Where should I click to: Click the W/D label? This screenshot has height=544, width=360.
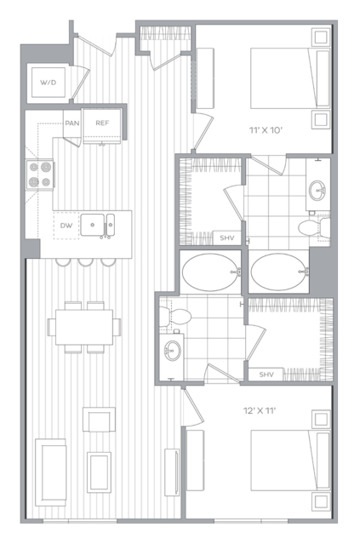[x=49, y=83]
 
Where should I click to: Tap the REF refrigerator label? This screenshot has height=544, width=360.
[x=102, y=123]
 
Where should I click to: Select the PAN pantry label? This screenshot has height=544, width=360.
[x=72, y=123]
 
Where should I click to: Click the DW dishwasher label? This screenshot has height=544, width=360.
[x=66, y=226]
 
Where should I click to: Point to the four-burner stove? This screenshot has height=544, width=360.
[x=40, y=175]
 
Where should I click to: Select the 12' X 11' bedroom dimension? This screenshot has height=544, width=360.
[x=260, y=411]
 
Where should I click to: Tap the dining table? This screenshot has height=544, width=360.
[x=84, y=327]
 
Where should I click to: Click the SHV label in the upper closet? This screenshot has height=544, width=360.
[x=227, y=238]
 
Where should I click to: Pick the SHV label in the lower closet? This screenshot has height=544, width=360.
[x=266, y=375]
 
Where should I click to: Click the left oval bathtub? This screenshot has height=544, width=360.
[x=210, y=272]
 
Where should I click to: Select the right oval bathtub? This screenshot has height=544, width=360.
[x=279, y=272]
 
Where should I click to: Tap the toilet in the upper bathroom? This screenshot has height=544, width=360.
[x=314, y=228]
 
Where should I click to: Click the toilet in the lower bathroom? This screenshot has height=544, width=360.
[x=175, y=317]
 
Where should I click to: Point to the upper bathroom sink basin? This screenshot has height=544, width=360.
[x=317, y=190]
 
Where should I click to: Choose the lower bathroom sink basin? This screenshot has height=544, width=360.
[x=173, y=350]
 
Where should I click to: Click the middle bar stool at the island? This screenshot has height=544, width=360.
[x=85, y=262]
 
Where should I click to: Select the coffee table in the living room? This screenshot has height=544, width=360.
[x=100, y=472]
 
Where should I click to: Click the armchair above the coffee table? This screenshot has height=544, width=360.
[x=100, y=420]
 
